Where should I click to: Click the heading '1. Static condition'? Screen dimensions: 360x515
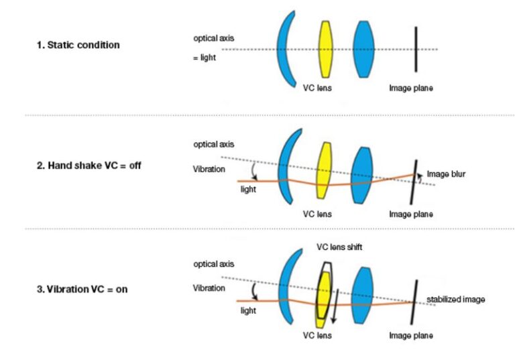click(x=78, y=45)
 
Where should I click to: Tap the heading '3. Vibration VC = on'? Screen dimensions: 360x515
click(x=82, y=289)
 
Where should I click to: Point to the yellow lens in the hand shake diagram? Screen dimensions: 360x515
click(x=324, y=170)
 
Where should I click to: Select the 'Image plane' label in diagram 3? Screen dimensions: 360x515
click(x=410, y=335)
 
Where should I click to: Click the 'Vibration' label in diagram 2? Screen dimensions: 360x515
click(x=209, y=169)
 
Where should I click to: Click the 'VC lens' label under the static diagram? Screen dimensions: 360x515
click(x=317, y=88)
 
